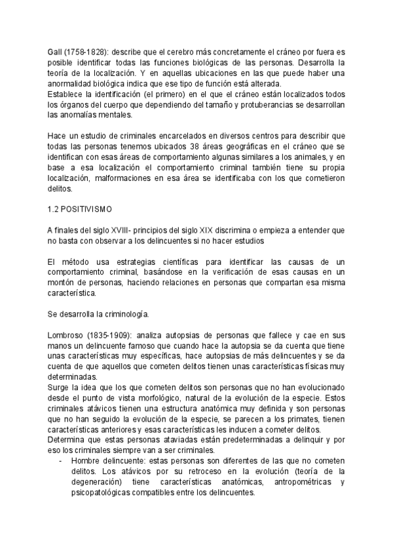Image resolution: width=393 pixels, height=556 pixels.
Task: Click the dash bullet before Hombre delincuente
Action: point(61,462)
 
